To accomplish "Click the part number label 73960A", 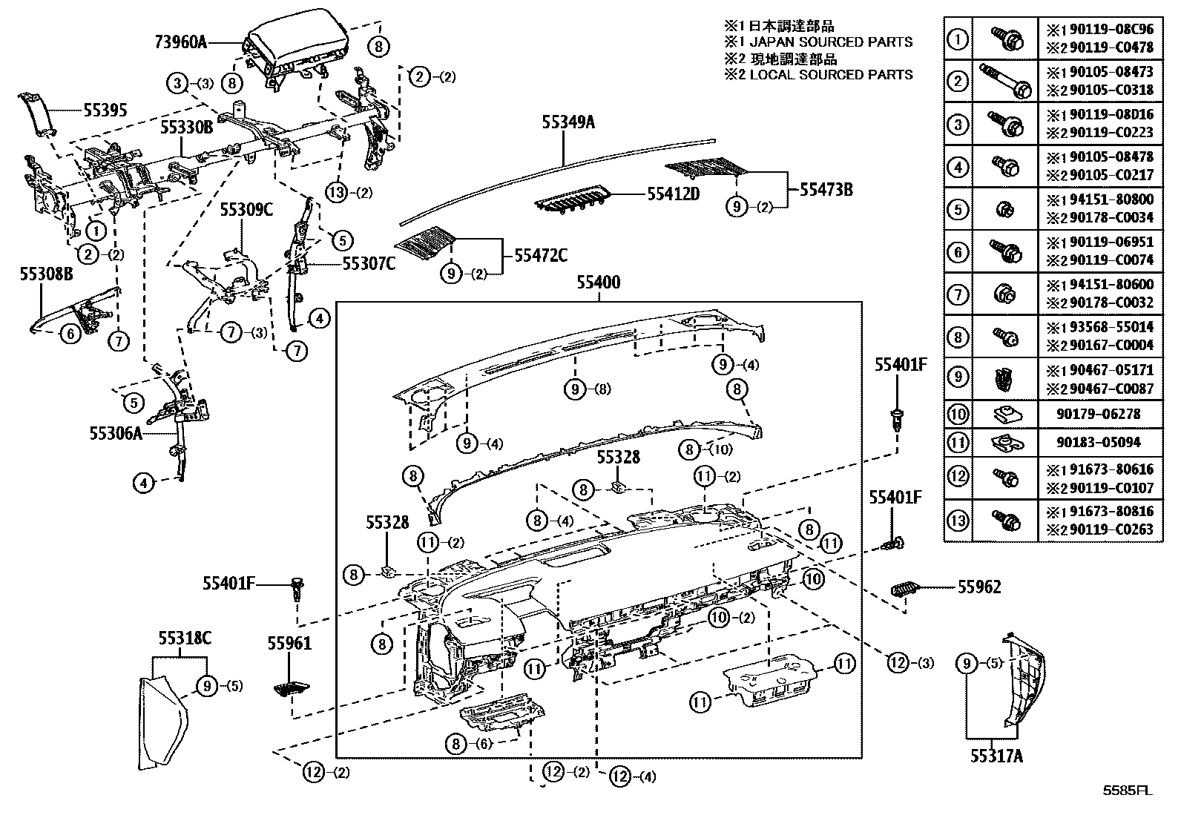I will [181, 42].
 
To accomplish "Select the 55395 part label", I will [105, 111].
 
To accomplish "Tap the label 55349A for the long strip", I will [568, 123].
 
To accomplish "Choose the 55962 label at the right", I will [979, 587].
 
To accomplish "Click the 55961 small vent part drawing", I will [293, 689].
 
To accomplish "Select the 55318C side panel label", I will [184, 638].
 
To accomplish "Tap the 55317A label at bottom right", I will [996, 756].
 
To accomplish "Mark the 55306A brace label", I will [115, 434].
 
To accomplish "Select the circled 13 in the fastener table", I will [958, 521].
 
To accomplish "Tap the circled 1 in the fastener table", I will [958, 39].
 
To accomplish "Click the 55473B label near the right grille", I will [825, 190].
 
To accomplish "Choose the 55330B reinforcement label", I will [187, 128].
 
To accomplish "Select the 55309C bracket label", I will [246, 210].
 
